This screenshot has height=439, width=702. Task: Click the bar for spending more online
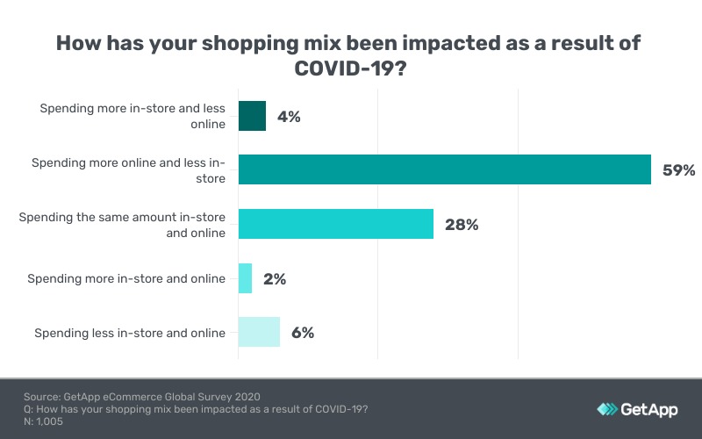coord(444,170)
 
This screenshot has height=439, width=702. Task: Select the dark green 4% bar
coord(252,116)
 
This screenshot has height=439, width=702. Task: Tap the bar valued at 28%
coord(336,225)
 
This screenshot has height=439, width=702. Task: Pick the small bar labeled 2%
coord(245,279)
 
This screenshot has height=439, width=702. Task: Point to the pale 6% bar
coord(259,333)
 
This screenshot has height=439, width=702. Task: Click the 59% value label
coord(678,170)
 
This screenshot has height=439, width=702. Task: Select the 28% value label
coord(461,225)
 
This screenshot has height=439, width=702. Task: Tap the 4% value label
coord(288,116)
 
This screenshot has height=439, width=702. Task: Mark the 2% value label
coord(275,279)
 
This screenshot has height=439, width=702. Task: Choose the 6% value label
coord(302,333)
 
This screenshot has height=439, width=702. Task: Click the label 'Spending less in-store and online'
coord(130,333)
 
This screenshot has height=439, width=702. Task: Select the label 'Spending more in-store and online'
coord(126,279)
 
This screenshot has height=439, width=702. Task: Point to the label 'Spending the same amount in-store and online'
coord(122,225)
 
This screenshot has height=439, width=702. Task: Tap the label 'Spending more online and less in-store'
coord(128,170)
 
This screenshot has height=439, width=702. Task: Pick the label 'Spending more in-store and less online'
coord(133,116)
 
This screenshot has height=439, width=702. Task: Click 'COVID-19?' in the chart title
coord(351,68)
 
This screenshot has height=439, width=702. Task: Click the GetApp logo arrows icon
coord(607,409)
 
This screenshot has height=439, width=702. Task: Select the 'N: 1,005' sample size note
coord(43,421)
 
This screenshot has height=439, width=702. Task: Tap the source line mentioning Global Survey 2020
coord(142,396)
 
